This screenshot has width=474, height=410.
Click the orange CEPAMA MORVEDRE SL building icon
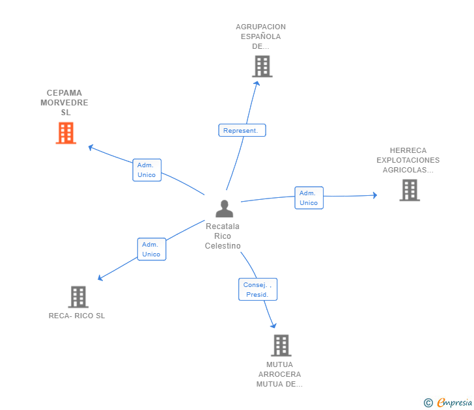point(66,133)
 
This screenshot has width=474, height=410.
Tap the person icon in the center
point(224,209)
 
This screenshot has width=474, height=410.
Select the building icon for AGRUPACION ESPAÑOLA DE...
point(262,66)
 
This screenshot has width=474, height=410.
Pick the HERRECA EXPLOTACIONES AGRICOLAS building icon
point(410,190)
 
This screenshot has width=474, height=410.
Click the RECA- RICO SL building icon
point(78,297)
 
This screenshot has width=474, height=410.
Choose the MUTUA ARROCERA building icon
point(281,346)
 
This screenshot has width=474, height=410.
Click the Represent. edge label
point(242,131)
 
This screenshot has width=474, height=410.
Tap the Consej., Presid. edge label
point(258,290)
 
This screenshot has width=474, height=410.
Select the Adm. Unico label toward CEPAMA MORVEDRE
point(146,170)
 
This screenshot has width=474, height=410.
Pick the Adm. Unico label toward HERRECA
point(309,198)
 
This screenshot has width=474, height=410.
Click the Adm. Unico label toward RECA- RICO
point(151,249)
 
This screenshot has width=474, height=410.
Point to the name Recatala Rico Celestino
point(223,236)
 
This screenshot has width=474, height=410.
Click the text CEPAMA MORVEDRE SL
point(64,103)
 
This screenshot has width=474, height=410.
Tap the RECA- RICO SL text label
point(77,316)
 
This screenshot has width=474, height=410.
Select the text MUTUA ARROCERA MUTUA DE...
point(279,374)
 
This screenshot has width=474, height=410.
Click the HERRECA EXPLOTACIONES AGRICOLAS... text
point(408,160)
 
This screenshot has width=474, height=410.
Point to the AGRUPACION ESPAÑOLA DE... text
point(260,36)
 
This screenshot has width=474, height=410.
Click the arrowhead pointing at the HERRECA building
point(374,195)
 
